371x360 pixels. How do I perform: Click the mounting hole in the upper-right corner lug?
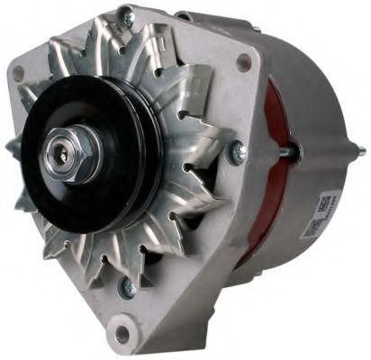coord(243,62)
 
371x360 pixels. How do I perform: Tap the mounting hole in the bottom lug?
coord(121,335)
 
